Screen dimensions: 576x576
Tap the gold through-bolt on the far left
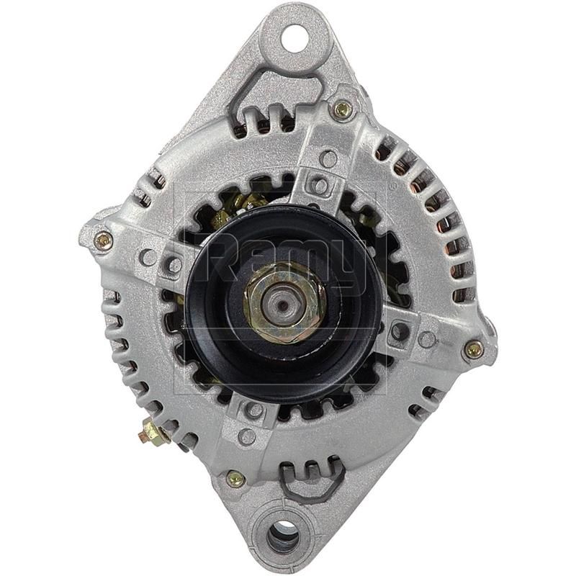tap(103, 240)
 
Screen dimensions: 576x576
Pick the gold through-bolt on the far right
tap(473, 349)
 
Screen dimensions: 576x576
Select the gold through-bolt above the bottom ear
tap(235, 478)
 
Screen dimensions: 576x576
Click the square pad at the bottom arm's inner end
tap(253, 410)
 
